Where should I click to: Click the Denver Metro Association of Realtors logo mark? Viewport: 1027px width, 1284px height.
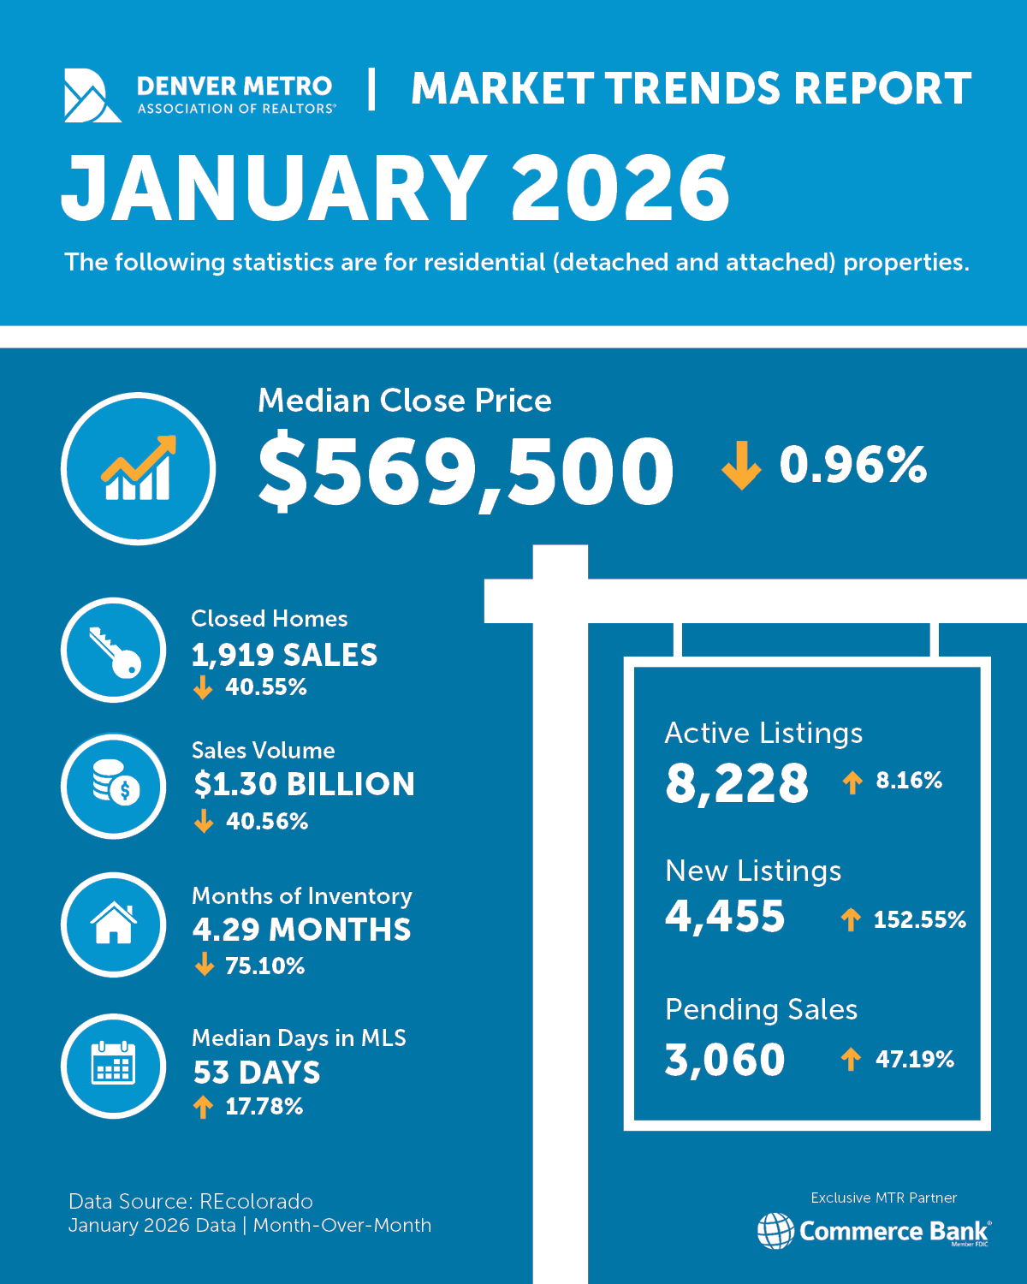click(x=92, y=95)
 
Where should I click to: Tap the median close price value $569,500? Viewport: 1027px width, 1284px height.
click(x=466, y=472)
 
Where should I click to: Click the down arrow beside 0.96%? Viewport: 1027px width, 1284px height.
click(x=741, y=466)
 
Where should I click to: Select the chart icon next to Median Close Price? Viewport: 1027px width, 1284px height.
click(x=138, y=469)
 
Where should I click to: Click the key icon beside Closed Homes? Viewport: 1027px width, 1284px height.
click(x=114, y=651)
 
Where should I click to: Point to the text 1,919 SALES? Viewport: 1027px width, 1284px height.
click(x=284, y=656)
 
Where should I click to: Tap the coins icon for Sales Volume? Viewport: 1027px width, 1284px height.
click(x=114, y=785)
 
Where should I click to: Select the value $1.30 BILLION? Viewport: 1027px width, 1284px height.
click(x=304, y=784)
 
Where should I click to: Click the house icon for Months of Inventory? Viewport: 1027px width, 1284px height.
click(x=114, y=924)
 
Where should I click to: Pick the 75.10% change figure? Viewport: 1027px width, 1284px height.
click(x=264, y=966)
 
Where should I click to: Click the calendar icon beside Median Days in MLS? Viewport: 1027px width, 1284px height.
click(x=114, y=1066)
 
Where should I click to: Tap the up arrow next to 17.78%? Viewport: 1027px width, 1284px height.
click(x=203, y=1107)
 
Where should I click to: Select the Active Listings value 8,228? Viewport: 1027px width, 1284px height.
click(x=737, y=783)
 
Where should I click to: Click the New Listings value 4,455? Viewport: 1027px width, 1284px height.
click(x=725, y=917)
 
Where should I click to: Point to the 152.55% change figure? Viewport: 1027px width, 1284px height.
click(x=919, y=920)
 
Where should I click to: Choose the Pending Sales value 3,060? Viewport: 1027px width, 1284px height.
click(x=725, y=1060)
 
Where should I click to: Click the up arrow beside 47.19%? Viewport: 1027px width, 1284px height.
click(x=851, y=1060)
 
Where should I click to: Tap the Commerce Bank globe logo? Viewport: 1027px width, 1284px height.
click(x=775, y=1231)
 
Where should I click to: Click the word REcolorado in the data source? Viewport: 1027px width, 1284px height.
click(x=256, y=1202)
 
